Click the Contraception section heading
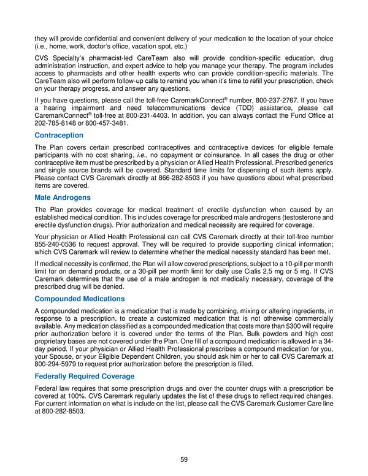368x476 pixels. [59, 136]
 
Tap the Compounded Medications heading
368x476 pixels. [79, 299]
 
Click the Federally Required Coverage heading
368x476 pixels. [85, 376]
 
